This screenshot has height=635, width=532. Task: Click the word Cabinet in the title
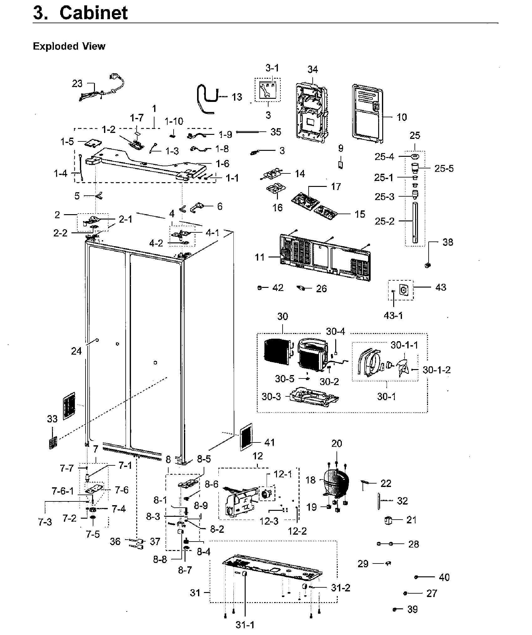[93, 13]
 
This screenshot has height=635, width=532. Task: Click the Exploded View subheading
[69, 46]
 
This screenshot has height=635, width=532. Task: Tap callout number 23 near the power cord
[77, 83]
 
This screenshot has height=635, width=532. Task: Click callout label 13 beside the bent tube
[237, 97]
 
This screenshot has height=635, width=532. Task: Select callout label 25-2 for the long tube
[384, 221]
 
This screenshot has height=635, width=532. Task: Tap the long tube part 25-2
[415, 223]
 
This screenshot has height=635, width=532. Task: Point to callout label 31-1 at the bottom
[245, 625]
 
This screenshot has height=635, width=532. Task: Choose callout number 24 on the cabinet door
[76, 351]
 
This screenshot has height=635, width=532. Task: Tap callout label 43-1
[393, 315]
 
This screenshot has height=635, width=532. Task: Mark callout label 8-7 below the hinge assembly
[185, 570]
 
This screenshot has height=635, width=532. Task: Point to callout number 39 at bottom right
[412, 609]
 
